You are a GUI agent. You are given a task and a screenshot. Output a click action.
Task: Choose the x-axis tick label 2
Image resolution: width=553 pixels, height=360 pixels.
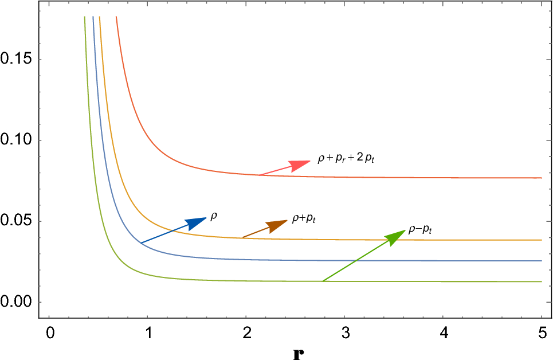[246, 332]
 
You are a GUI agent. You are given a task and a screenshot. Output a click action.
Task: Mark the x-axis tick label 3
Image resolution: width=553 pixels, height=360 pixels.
[344, 332]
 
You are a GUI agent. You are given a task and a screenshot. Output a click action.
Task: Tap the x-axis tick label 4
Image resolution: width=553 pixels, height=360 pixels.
[443, 332]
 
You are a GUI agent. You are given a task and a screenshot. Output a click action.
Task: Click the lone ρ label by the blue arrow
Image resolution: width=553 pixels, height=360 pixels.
[214, 216]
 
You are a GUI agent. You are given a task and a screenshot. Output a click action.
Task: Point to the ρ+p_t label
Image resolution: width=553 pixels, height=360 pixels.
[304, 218]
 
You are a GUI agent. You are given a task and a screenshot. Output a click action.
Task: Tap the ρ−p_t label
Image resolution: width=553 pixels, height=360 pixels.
[419, 229]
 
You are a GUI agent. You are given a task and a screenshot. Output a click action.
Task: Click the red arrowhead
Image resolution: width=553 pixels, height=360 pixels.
[301, 165]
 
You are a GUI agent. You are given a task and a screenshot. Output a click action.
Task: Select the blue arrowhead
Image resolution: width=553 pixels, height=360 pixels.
[197, 222]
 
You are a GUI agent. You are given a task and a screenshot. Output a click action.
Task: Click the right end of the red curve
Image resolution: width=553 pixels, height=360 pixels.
[541, 178]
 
